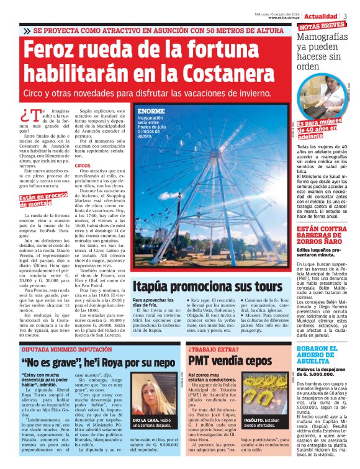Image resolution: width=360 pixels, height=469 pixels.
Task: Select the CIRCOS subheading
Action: coord(83,166)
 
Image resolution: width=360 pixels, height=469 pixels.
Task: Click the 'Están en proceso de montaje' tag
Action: coord(43,200)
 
